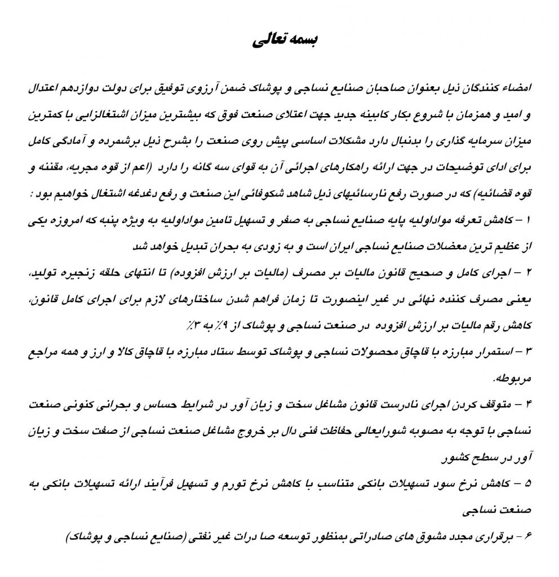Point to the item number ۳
526,352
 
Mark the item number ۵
526,485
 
